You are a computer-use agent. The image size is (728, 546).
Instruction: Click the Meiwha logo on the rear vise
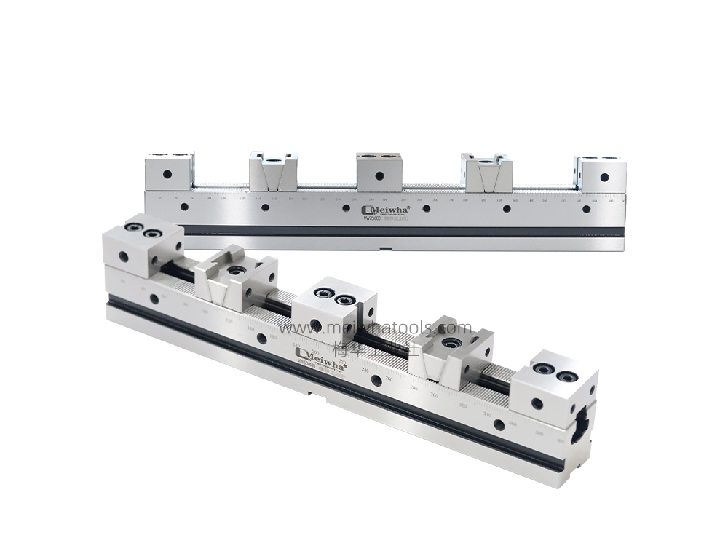(386, 208)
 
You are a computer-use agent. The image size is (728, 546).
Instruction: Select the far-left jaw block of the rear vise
(169, 172)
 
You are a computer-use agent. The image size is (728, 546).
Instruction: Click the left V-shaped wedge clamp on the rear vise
(273, 172)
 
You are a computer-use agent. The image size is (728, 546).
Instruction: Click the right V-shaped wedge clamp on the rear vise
(487, 173)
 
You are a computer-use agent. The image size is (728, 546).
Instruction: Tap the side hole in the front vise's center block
(315, 324)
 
